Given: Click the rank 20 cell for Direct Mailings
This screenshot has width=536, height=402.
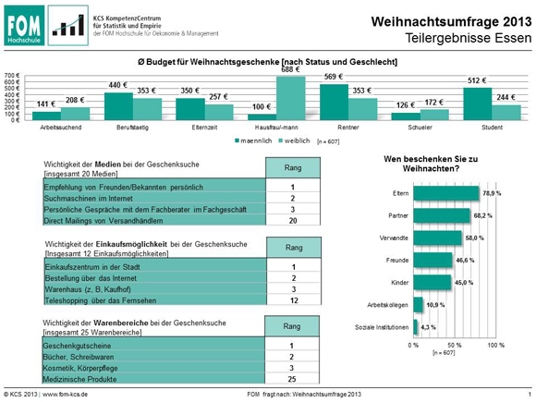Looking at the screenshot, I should click(291, 222).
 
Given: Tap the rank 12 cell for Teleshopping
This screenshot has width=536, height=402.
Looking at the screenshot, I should click(291, 301).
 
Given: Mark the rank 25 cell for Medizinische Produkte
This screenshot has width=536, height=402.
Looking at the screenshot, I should click(291, 379).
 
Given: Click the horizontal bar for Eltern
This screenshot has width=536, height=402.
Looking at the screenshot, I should click(445, 193).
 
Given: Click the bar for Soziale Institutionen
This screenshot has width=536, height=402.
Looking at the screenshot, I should click(417, 328).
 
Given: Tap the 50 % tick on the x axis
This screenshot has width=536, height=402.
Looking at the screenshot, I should click(454, 345).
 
